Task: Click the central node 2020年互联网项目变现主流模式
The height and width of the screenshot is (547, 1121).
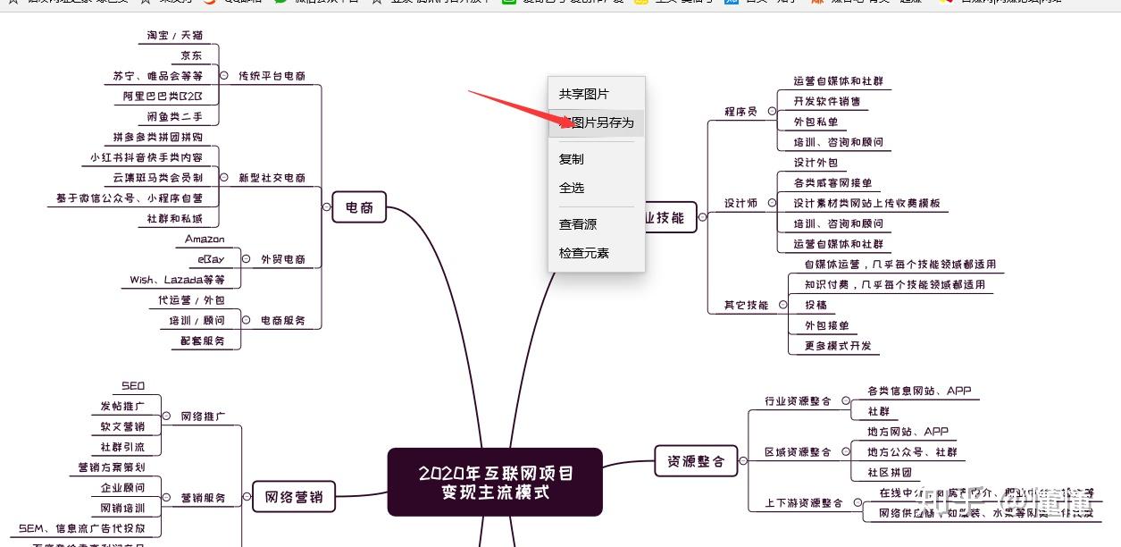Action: [495, 482]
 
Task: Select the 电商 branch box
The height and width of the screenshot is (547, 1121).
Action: [359, 208]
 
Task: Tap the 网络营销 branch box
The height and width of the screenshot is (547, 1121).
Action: [293, 497]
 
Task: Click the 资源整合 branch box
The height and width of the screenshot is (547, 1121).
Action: [696, 461]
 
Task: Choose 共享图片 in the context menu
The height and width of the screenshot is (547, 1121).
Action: [584, 94]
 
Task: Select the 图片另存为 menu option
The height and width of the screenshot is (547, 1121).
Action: [596, 122]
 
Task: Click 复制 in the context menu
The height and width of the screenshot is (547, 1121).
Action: [572, 159]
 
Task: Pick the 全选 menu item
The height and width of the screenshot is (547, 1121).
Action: [572, 188]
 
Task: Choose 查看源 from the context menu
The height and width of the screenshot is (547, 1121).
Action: [578, 224]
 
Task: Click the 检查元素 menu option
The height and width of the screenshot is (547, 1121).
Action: [584, 253]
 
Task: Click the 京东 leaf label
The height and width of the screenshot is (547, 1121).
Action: [191, 55]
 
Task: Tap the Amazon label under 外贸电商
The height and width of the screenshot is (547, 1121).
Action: [205, 240]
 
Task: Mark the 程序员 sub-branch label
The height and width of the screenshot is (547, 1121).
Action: [740, 112]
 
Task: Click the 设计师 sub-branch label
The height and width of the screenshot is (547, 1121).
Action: [740, 203]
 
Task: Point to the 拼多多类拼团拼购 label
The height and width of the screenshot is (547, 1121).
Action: [158, 137]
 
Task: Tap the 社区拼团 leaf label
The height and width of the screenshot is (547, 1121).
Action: [889, 473]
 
